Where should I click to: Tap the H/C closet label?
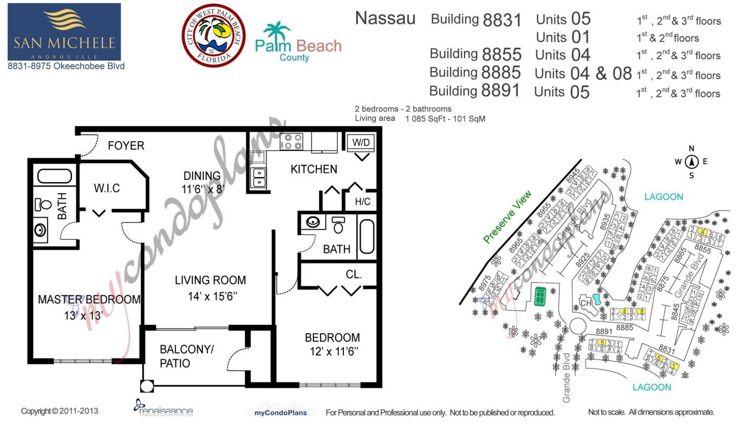tap(363, 202)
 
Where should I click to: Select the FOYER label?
tap(126, 146)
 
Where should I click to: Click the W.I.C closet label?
tap(107, 188)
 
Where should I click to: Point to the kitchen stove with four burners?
tap(291, 142)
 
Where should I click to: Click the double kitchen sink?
tap(258, 178)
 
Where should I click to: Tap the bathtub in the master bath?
tap(54, 177)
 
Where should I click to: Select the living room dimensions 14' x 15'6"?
tap(213, 297)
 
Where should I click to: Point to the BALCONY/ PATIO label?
tap(186, 356)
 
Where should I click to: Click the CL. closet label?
tap(353, 274)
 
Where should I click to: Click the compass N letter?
tap(691, 148)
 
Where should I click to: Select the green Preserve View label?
tap(507, 216)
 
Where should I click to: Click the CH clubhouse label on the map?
tap(586, 303)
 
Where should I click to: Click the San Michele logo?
tap(64, 32)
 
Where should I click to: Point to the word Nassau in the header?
tap(385, 18)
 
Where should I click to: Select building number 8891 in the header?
tap(501, 91)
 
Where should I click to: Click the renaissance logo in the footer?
tap(164, 410)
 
